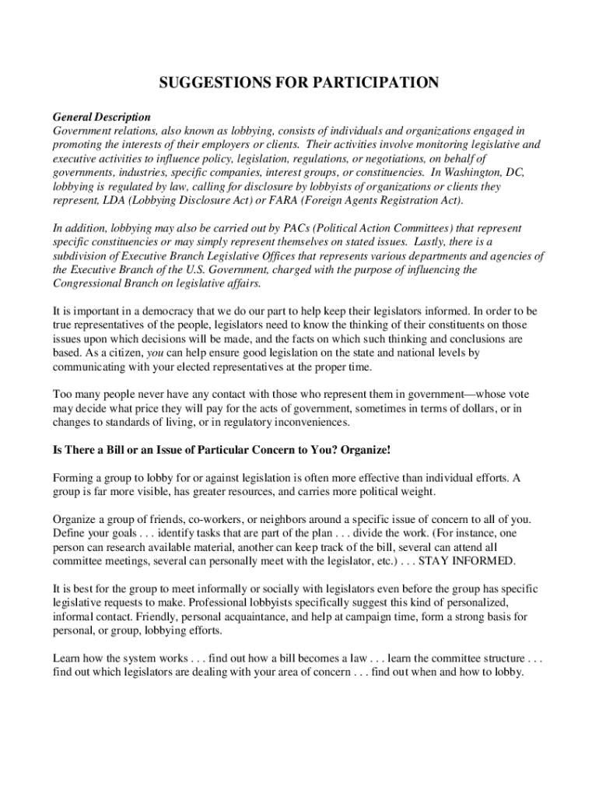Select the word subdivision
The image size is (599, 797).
coord(81,256)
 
